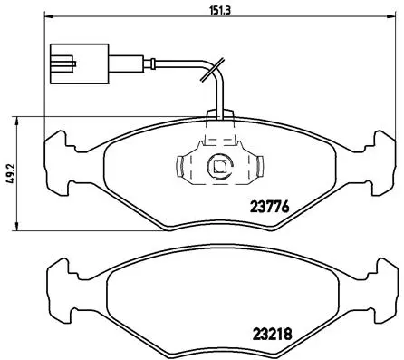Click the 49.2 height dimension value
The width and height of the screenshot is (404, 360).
click(8, 173)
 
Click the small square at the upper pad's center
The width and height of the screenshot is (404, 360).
click(218, 166)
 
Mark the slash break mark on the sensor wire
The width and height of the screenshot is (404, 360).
click(213, 69)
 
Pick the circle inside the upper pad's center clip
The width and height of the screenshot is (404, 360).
click(218, 166)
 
